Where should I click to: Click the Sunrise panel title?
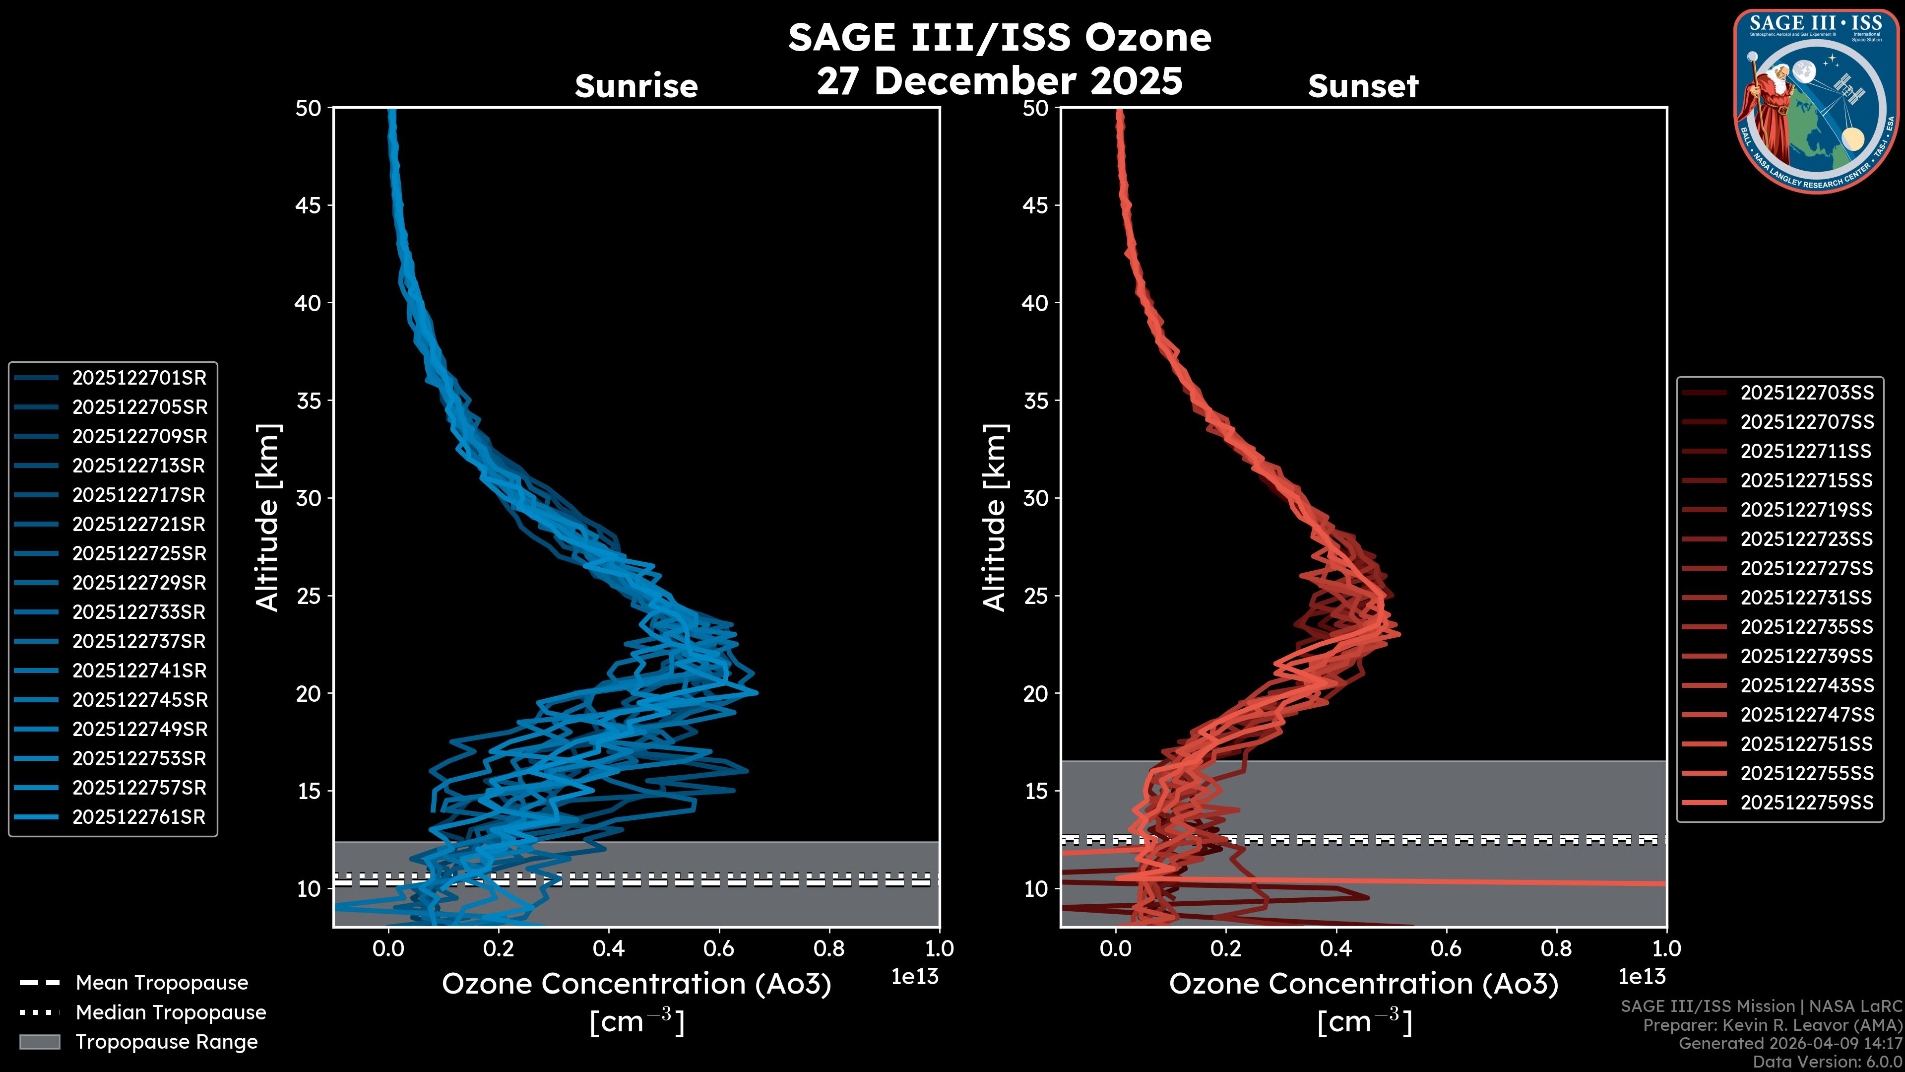click(636, 86)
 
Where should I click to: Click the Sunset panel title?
click(1363, 86)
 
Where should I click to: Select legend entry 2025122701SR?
click(139, 378)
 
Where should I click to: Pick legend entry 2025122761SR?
click(139, 817)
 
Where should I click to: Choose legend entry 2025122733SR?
click(139, 612)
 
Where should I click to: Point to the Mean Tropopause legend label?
click(162, 983)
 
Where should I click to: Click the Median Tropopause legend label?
click(171, 1013)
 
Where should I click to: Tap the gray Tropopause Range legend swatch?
click(39, 1042)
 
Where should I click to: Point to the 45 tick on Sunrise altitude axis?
click(309, 205)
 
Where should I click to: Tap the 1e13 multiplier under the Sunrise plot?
click(915, 977)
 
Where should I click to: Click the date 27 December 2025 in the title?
click(1000, 81)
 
